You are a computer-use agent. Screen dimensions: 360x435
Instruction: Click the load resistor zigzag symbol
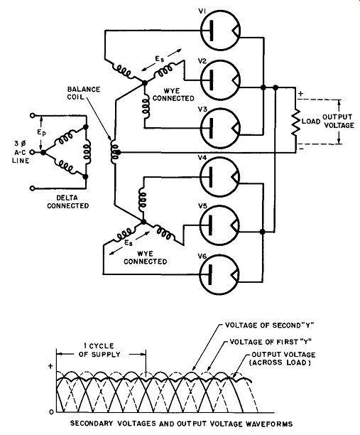[296, 122]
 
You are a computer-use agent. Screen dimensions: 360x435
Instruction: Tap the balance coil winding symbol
[114, 152]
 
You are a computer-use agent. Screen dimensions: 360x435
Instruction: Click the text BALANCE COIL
[83, 93]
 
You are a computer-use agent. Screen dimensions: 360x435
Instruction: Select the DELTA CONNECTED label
[68, 202]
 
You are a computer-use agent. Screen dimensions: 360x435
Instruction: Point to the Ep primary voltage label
[42, 133]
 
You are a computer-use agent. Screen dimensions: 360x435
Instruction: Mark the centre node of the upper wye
[144, 82]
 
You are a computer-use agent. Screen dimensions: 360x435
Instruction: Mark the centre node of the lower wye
[143, 222]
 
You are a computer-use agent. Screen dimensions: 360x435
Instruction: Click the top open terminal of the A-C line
[33, 115]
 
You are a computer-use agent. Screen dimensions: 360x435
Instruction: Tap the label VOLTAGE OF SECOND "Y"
[269, 325]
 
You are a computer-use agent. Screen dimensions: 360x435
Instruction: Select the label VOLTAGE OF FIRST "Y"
[271, 342]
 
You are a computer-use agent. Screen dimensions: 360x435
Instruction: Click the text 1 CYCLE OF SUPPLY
[99, 350]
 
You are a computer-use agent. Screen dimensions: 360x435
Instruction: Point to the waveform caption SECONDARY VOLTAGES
[113, 424]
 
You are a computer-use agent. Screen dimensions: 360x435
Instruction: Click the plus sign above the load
[300, 94]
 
